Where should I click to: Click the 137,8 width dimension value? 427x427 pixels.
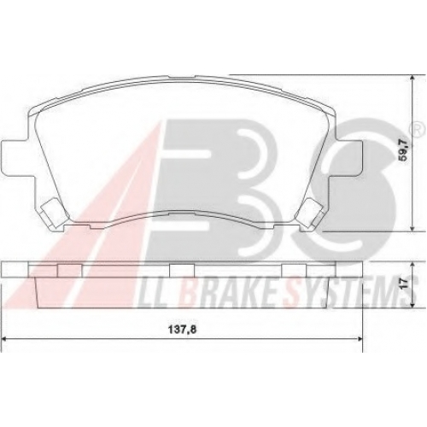pos(184,330)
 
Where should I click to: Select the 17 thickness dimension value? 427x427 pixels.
pos(406,284)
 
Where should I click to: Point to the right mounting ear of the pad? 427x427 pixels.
pos(348,156)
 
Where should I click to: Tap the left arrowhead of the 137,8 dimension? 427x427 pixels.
pos(4,339)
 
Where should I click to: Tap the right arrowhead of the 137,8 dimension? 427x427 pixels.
pos(360,339)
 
